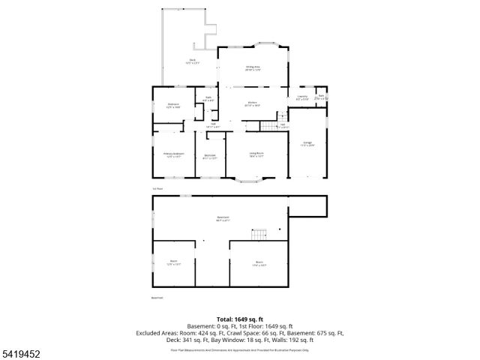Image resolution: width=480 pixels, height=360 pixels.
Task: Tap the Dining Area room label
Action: (x=253, y=68)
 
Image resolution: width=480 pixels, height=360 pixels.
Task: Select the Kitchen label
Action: (x=253, y=103)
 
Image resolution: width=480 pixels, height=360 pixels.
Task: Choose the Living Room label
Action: (x=256, y=154)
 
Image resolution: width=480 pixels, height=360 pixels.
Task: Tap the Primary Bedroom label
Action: (x=174, y=154)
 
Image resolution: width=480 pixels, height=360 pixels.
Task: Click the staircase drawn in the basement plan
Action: (x=259, y=235)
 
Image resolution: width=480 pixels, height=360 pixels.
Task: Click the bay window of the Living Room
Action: (x=250, y=181)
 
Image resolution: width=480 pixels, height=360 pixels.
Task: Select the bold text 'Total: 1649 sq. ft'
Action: (x=240, y=319)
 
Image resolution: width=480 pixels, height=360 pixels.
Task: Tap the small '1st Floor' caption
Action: (x=157, y=188)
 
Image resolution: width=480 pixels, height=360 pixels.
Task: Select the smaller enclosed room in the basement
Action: (x=173, y=264)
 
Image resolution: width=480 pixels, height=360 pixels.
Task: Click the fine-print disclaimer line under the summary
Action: (x=240, y=349)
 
